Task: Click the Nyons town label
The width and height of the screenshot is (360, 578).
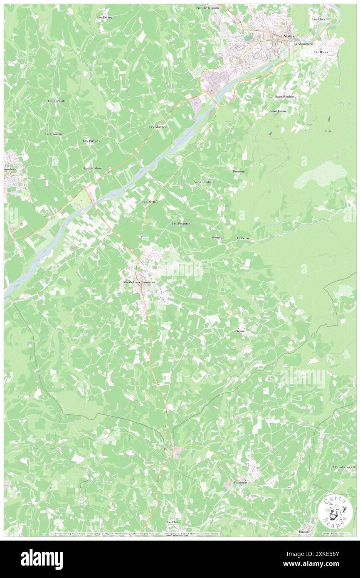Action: pyautogui.click(x=288, y=36)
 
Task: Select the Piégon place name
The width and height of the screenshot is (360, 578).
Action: pyautogui.click(x=240, y=331)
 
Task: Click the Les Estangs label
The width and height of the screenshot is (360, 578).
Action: pyautogui.click(x=105, y=17)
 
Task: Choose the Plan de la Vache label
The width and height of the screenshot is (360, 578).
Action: pyautogui.click(x=208, y=8)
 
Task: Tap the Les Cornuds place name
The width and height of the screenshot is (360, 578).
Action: pyautogui.click(x=57, y=101)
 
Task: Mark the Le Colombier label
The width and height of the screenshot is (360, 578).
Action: pyautogui.click(x=54, y=134)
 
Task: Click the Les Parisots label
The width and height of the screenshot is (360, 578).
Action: pyautogui.click(x=91, y=141)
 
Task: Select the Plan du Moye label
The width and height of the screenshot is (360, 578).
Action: pyautogui.click(x=92, y=168)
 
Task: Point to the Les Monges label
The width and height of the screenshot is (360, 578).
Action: pyautogui.click(x=158, y=126)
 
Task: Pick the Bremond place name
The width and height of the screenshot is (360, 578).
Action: pyautogui.click(x=239, y=171)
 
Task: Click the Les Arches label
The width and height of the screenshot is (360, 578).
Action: pyautogui.click(x=150, y=202)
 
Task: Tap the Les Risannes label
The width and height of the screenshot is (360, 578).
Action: pyautogui.click(x=182, y=223)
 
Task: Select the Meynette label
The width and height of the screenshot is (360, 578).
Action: pyautogui.click(x=217, y=237)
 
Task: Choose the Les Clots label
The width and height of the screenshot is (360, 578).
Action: pyautogui.click(x=318, y=20)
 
